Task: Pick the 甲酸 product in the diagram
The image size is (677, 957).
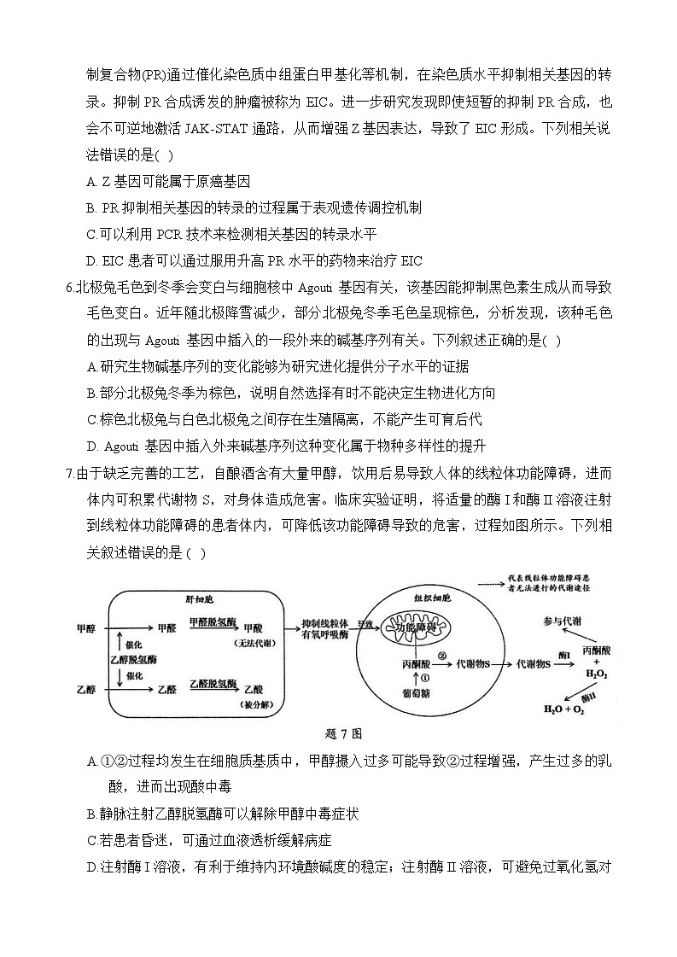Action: tap(254, 627)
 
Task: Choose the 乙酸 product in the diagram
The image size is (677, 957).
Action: tap(254, 689)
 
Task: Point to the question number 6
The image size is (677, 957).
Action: tap(68, 288)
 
